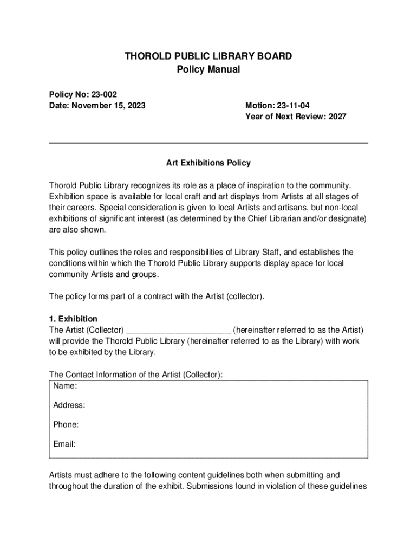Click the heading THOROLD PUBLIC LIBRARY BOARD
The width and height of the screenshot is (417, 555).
point(208,56)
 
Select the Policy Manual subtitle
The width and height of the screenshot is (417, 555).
point(208,69)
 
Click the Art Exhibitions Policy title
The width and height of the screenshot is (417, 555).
point(208,163)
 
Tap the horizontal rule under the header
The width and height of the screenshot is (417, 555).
point(208,143)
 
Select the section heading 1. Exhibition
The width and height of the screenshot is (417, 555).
point(73,319)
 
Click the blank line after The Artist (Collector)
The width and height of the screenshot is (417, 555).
point(179,330)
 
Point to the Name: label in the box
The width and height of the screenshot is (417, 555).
point(65,386)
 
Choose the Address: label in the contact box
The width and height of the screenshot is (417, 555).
point(69,405)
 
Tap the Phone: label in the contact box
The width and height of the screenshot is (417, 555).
point(66,424)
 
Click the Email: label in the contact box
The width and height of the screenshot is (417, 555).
point(64,444)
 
